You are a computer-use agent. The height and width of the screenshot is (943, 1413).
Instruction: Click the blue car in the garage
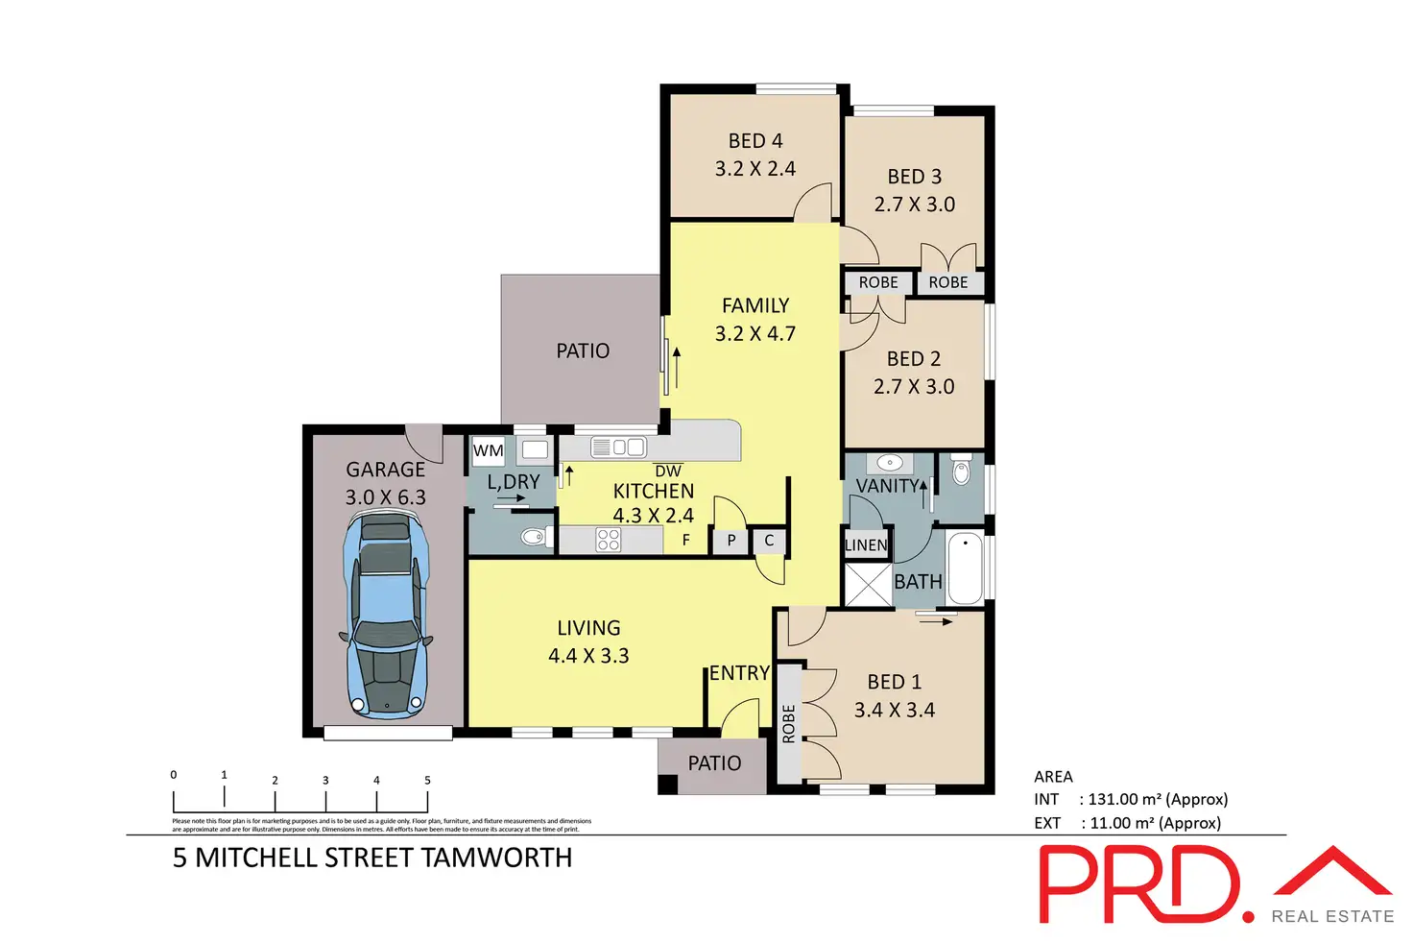pos(386,615)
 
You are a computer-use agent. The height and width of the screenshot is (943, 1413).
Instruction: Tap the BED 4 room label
pos(755,141)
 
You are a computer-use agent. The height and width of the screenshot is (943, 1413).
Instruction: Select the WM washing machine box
pos(488,450)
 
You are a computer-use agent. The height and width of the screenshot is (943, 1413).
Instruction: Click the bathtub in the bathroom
pos(965,568)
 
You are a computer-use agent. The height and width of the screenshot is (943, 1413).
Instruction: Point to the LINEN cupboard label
pos(866,545)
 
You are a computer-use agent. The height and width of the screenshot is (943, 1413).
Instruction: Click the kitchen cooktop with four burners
pos(609,540)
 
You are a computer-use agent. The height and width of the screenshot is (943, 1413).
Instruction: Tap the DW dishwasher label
pos(668,471)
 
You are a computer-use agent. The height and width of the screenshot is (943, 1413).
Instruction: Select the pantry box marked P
pos(731,541)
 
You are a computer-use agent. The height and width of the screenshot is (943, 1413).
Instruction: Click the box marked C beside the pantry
pos(769,541)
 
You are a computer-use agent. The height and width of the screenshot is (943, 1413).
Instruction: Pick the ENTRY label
pos(739,673)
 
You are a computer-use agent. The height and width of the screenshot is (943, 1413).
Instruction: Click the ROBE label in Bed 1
pos(789,723)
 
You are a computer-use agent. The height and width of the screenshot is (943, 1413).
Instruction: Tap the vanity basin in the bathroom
pos(890,463)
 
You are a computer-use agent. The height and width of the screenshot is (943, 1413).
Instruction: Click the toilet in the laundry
pos(532,537)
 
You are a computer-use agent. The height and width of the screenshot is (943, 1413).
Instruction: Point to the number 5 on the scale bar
pos(427,780)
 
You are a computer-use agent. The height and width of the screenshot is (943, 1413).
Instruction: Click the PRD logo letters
pos(1142,884)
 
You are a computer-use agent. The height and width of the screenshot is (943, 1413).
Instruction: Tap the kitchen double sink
pos(629,447)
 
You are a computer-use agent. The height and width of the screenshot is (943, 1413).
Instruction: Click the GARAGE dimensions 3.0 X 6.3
pos(385,497)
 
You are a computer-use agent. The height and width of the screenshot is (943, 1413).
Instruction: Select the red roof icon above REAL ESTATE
pos(1332,871)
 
